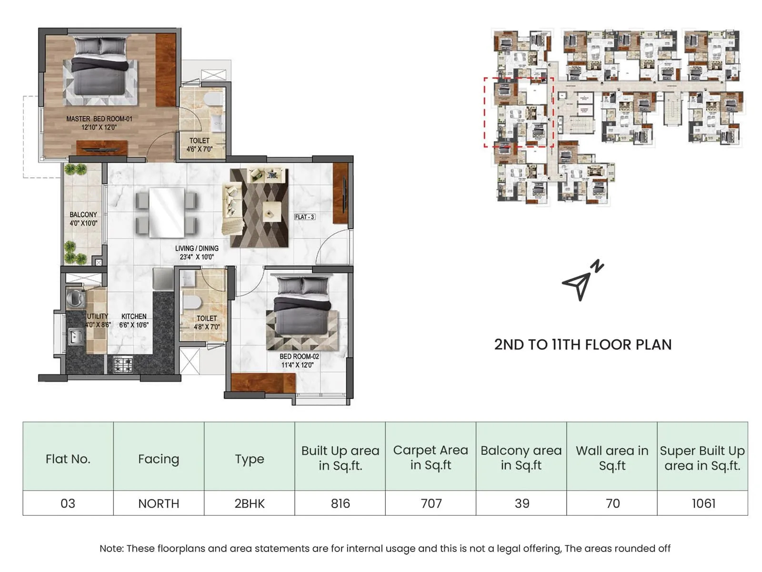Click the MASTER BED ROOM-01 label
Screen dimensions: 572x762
99,123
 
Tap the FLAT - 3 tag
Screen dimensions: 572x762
304,217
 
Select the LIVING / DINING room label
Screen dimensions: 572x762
197,253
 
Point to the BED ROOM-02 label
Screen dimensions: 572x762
299,360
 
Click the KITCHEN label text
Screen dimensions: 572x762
134,320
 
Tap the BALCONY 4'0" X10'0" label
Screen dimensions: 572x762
83,219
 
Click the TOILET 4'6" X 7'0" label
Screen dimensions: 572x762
200,145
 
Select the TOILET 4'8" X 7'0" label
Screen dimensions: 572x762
207,322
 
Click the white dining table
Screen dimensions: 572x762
166,212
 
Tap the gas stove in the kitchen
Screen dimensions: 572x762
122,365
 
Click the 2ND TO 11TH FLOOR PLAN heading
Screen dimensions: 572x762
582,345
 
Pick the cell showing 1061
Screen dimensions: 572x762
703,503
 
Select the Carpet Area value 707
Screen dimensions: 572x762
431,503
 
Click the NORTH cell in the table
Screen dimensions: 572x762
159,503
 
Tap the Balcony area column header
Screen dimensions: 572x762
521,457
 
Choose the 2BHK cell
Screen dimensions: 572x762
249,503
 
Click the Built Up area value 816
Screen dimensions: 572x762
340,503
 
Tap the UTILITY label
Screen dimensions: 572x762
98,316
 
